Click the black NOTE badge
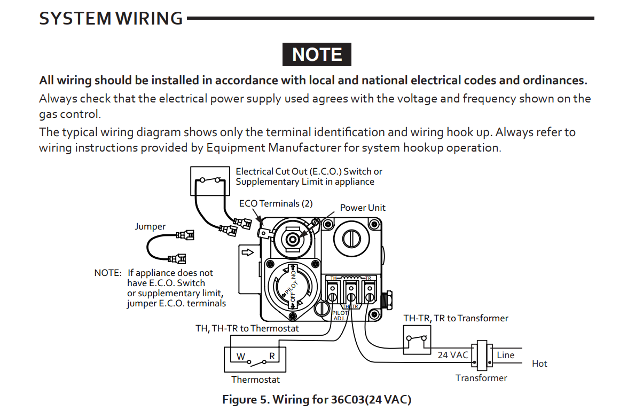(317, 55)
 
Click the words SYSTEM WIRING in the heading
(111, 19)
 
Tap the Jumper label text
(150, 226)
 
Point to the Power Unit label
(363, 208)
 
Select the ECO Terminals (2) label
(276, 203)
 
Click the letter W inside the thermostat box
(241, 356)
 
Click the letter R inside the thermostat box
(272, 356)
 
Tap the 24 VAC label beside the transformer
(453, 355)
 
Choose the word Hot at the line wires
(539, 363)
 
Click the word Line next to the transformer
(505, 355)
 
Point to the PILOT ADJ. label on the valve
(340, 315)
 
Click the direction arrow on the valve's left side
(247, 251)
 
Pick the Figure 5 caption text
(317, 399)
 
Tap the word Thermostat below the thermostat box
(255, 380)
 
